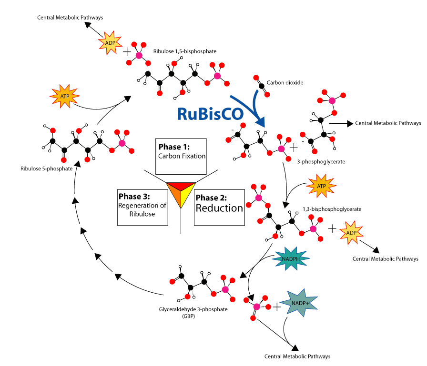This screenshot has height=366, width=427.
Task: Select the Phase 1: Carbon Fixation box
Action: (x=181, y=156)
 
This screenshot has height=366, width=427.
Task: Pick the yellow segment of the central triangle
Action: (x=187, y=196)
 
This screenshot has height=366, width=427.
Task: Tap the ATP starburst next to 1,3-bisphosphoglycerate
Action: (x=321, y=188)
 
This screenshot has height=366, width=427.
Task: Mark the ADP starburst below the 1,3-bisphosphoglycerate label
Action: (x=352, y=233)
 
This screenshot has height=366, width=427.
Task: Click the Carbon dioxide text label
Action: (x=285, y=83)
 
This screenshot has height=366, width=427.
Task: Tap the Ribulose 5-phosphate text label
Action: (x=46, y=168)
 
